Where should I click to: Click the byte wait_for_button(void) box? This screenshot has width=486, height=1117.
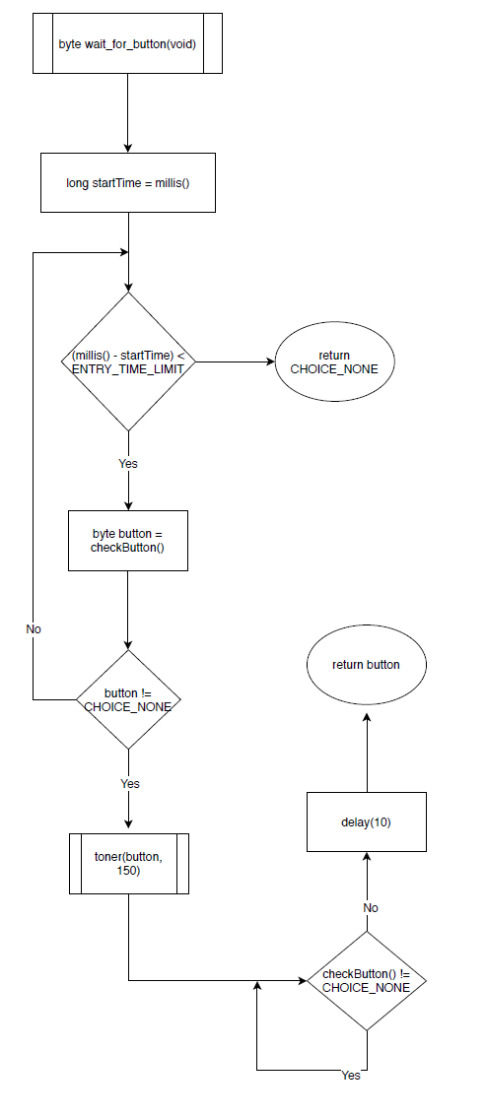click(x=127, y=43)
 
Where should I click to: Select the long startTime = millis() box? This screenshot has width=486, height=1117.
click(x=127, y=182)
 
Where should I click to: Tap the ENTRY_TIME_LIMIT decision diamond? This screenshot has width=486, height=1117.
click(x=128, y=361)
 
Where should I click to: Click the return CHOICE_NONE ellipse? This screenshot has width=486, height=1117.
click(x=334, y=361)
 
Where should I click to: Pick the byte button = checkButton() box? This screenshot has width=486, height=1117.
click(x=127, y=540)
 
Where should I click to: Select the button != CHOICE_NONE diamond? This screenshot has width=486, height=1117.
click(x=128, y=699)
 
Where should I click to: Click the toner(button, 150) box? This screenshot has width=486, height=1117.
click(x=128, y=864)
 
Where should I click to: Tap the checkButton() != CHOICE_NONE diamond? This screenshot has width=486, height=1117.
click(x=366, y=981)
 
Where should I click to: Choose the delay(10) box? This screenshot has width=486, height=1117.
click(x=366, y=821)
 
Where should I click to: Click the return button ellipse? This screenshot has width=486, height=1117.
click(x=366, y=664)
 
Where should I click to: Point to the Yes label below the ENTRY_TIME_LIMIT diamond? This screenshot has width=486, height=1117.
click(x=128, y=463)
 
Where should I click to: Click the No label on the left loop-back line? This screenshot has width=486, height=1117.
click(x=34, y=627)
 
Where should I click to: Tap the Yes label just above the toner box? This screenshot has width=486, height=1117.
click(x=129, y=783)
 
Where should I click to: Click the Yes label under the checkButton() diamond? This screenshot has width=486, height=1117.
click(x=351, y=1076)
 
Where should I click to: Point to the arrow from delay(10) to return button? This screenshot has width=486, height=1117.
click(x=366, y=753)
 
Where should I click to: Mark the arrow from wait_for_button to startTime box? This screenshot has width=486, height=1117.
click(x=127, y=112)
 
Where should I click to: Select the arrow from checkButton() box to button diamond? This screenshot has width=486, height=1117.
click(x=127, y=610)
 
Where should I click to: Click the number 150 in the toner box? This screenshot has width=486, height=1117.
click(x=128, y=872)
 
